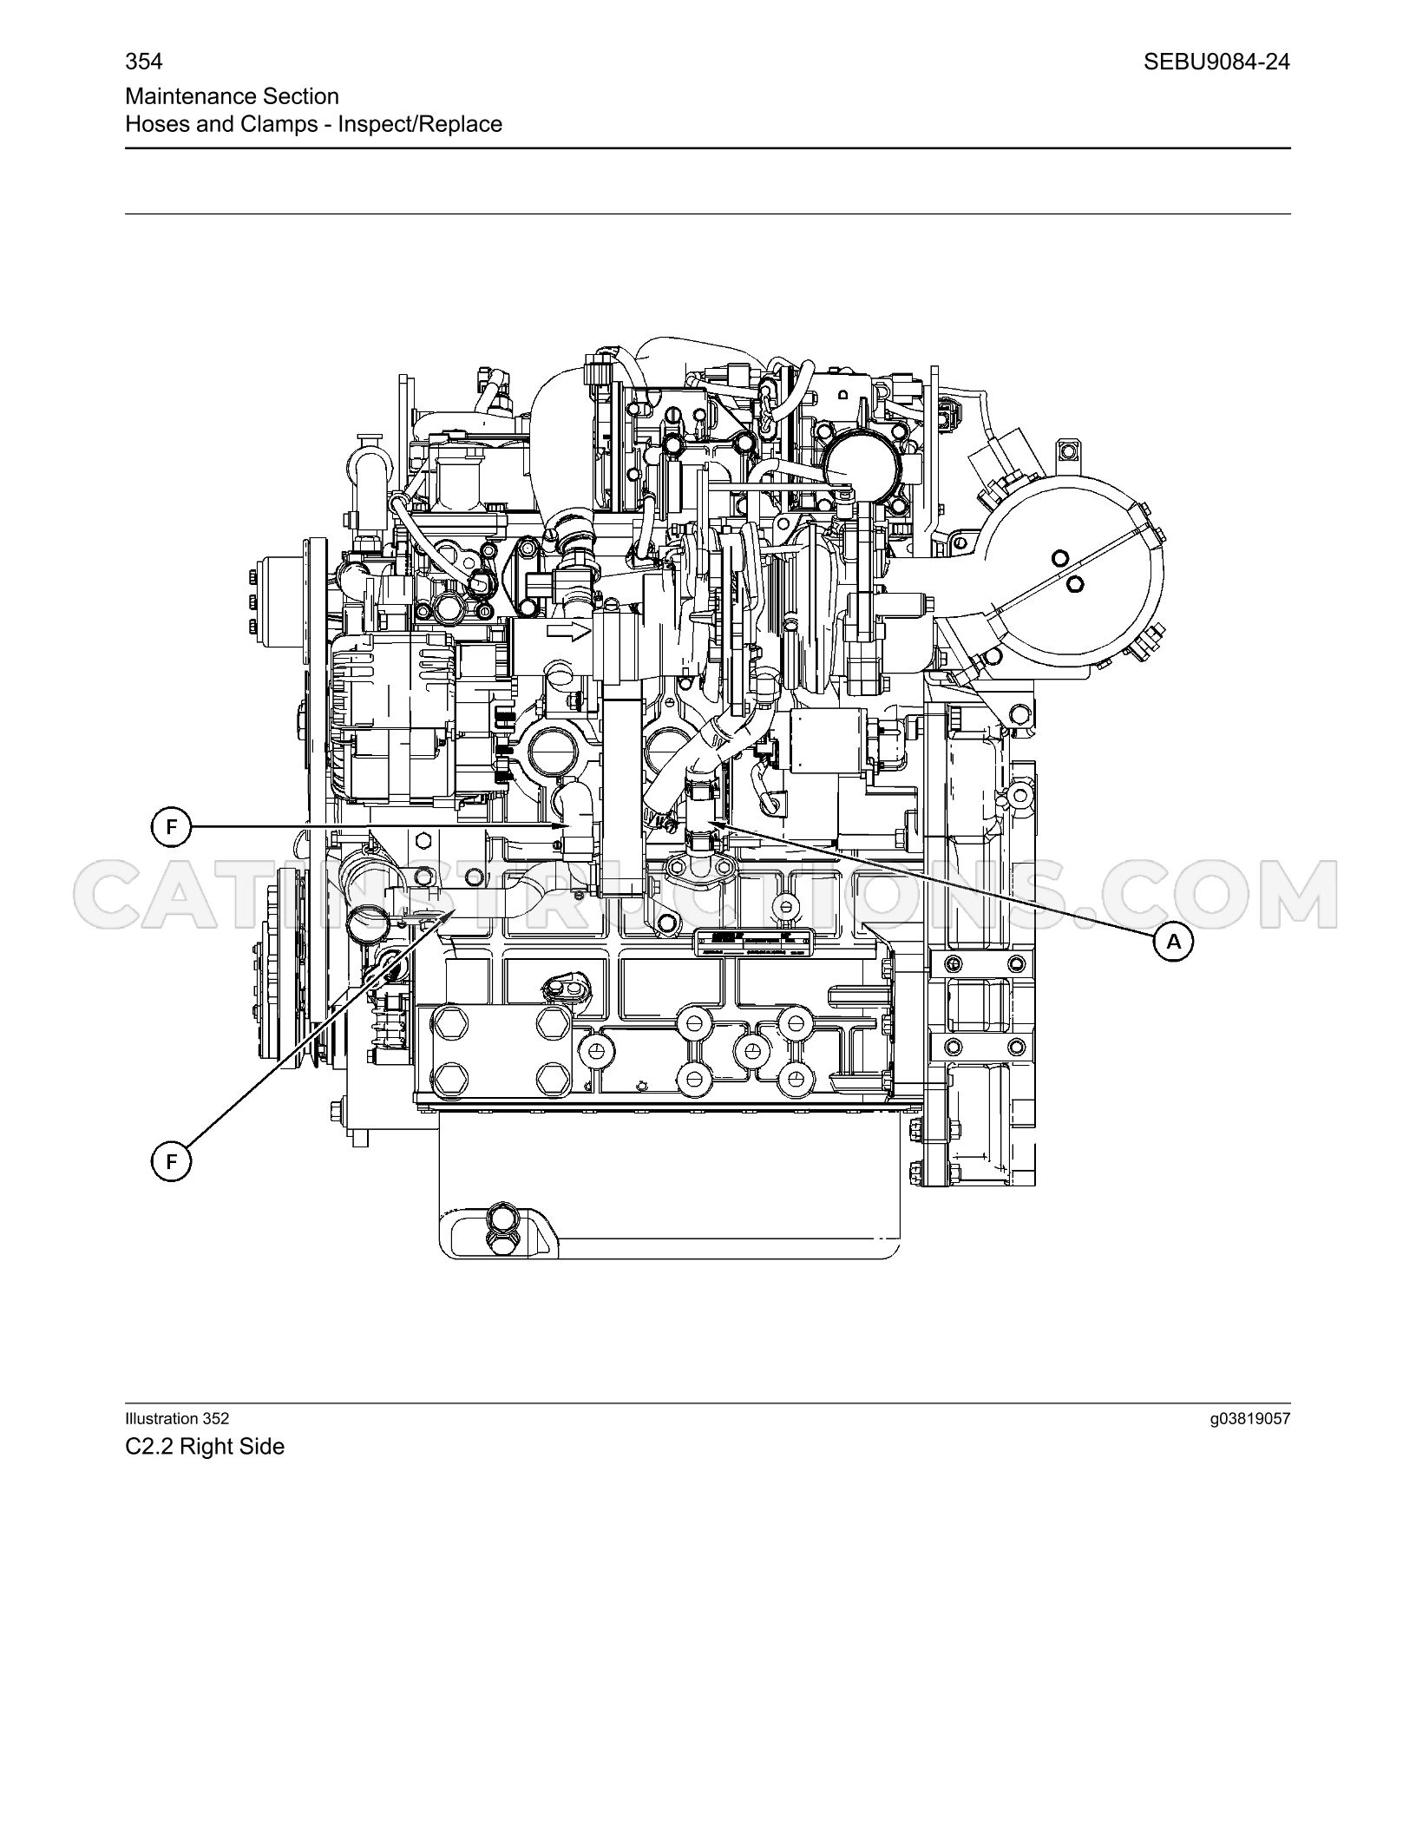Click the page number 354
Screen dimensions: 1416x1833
(x=144, y=62)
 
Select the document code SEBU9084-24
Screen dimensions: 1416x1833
(x=1216, y=62)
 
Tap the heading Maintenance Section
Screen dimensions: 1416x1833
(x=233, y=96)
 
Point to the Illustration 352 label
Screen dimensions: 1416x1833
(x=178, y=1418)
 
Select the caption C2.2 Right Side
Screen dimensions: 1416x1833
(x=205, y=1447)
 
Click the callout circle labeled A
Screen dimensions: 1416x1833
(x=1173, y=942)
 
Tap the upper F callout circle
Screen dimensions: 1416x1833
(x=171, y=827)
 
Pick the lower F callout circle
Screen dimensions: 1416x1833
(x=171, y=1161)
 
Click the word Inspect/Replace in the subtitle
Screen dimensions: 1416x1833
(x=420, y=124)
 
